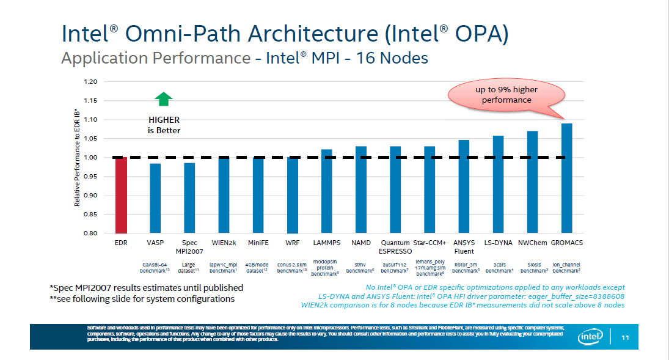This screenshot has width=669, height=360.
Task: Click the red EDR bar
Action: tap(121, 196)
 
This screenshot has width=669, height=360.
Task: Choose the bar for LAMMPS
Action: tap(327, 191)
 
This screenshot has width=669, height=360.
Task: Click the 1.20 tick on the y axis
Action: tap(90, 81)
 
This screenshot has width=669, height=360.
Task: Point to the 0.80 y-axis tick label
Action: tap(90, 233)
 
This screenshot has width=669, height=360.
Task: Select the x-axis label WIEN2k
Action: tap(224, 243)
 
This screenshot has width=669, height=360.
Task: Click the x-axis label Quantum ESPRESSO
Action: tap(395, 247)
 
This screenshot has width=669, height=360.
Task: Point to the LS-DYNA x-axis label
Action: tap(498, 243)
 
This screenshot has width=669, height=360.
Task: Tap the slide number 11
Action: tap(625, 337)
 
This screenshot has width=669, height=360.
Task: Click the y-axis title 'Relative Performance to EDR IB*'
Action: tap(78, 158)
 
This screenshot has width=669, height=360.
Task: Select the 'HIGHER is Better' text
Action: tap(164, 125)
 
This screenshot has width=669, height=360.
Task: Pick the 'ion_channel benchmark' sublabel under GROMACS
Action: tap(566, 267)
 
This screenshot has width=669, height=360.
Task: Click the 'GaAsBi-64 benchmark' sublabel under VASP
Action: tap(155, 267)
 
